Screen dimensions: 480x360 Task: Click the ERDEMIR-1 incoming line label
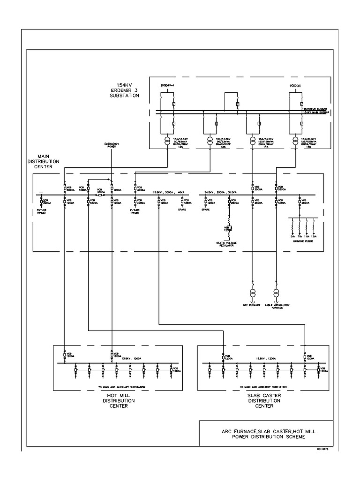coord(167,85)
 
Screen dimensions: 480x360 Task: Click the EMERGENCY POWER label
coord(112,145)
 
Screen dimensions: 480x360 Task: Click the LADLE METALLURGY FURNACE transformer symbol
coord(277,292)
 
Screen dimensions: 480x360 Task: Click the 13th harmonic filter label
coord(314,236)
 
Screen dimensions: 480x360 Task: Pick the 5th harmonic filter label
coord(292,236)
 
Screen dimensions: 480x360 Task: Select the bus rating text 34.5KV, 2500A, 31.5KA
coord(222,192)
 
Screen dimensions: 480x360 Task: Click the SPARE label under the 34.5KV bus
coord(205,209)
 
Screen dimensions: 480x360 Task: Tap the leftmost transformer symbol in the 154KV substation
coord(167,140)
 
